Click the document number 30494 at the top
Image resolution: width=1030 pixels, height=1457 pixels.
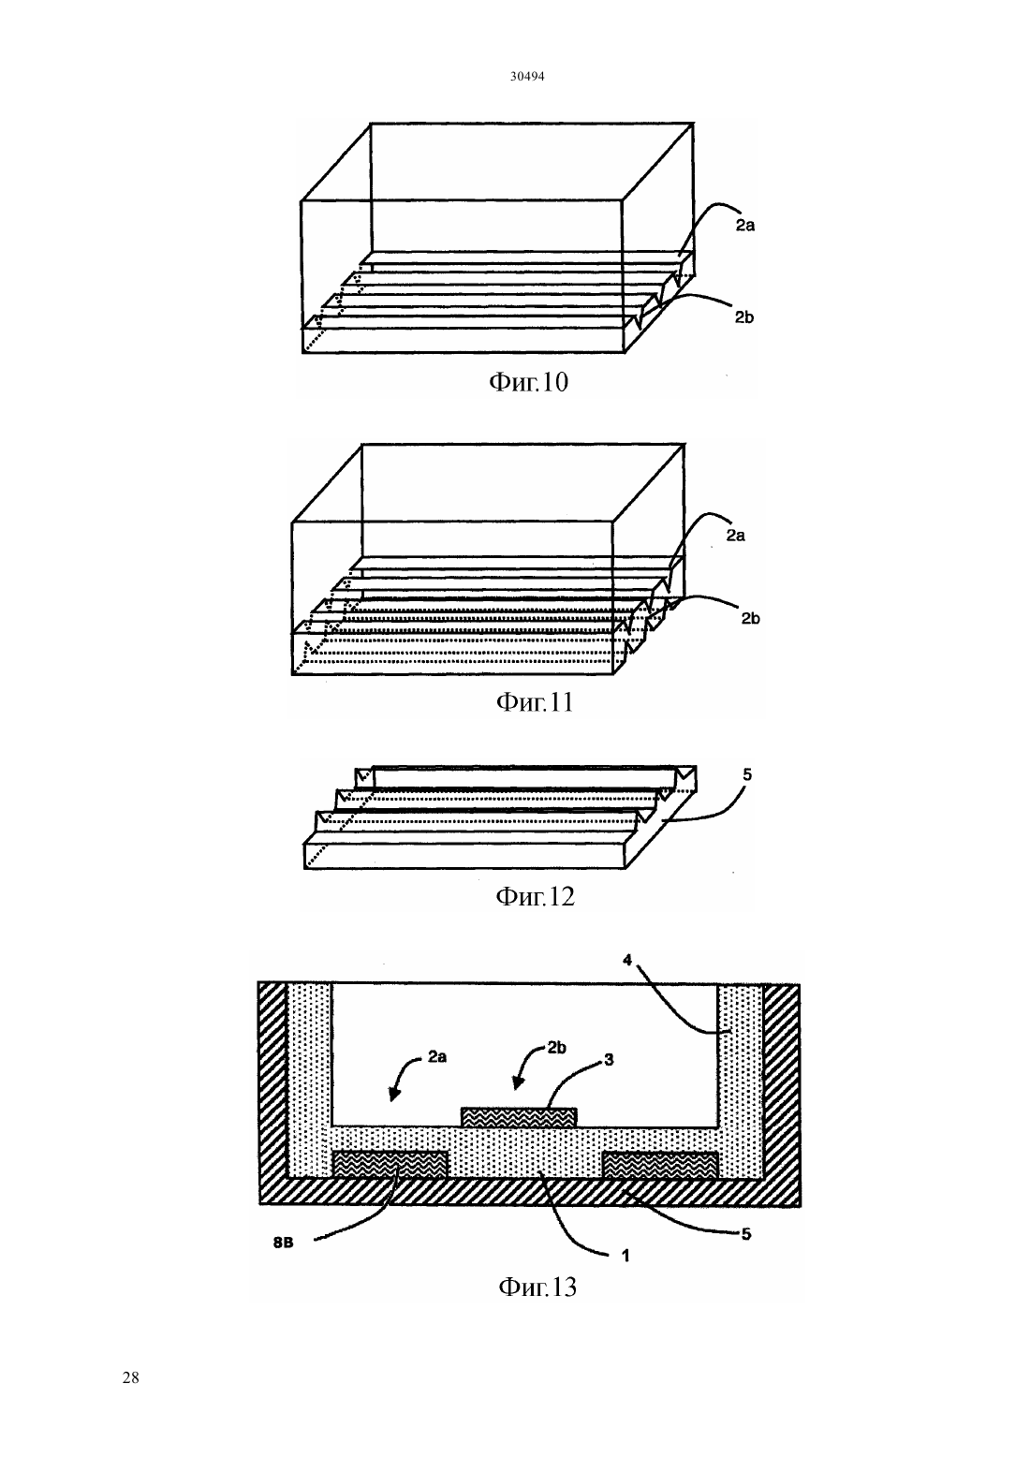[x=526, y=77]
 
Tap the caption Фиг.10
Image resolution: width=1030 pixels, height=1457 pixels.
[x=528, y=382]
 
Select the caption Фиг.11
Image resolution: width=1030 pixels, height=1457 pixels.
[x=535, y=702]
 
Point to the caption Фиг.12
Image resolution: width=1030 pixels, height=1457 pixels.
[x=536, y=897]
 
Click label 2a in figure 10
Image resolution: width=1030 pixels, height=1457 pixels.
[x=745, y=226]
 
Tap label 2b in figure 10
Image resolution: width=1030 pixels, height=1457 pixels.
[x=744, y=317]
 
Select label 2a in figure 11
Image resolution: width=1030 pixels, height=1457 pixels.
[x=735, y=536]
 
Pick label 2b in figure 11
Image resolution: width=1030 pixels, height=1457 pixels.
[x=750, y=618]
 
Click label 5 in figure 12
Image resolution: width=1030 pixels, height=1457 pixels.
[x=747, y=774]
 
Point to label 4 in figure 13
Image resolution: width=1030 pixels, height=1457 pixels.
[x=627, y=961]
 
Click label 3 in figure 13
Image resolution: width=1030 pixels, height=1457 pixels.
[x=610, y=1060]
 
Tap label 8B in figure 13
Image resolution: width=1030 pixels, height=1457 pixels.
[x=284, y=1243]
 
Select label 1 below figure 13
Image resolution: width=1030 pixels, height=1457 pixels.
[x=625, y=1256]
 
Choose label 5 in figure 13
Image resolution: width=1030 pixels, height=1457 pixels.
[x=746, y=1234]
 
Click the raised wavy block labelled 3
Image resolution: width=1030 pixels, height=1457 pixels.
[x=519, y=1117]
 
